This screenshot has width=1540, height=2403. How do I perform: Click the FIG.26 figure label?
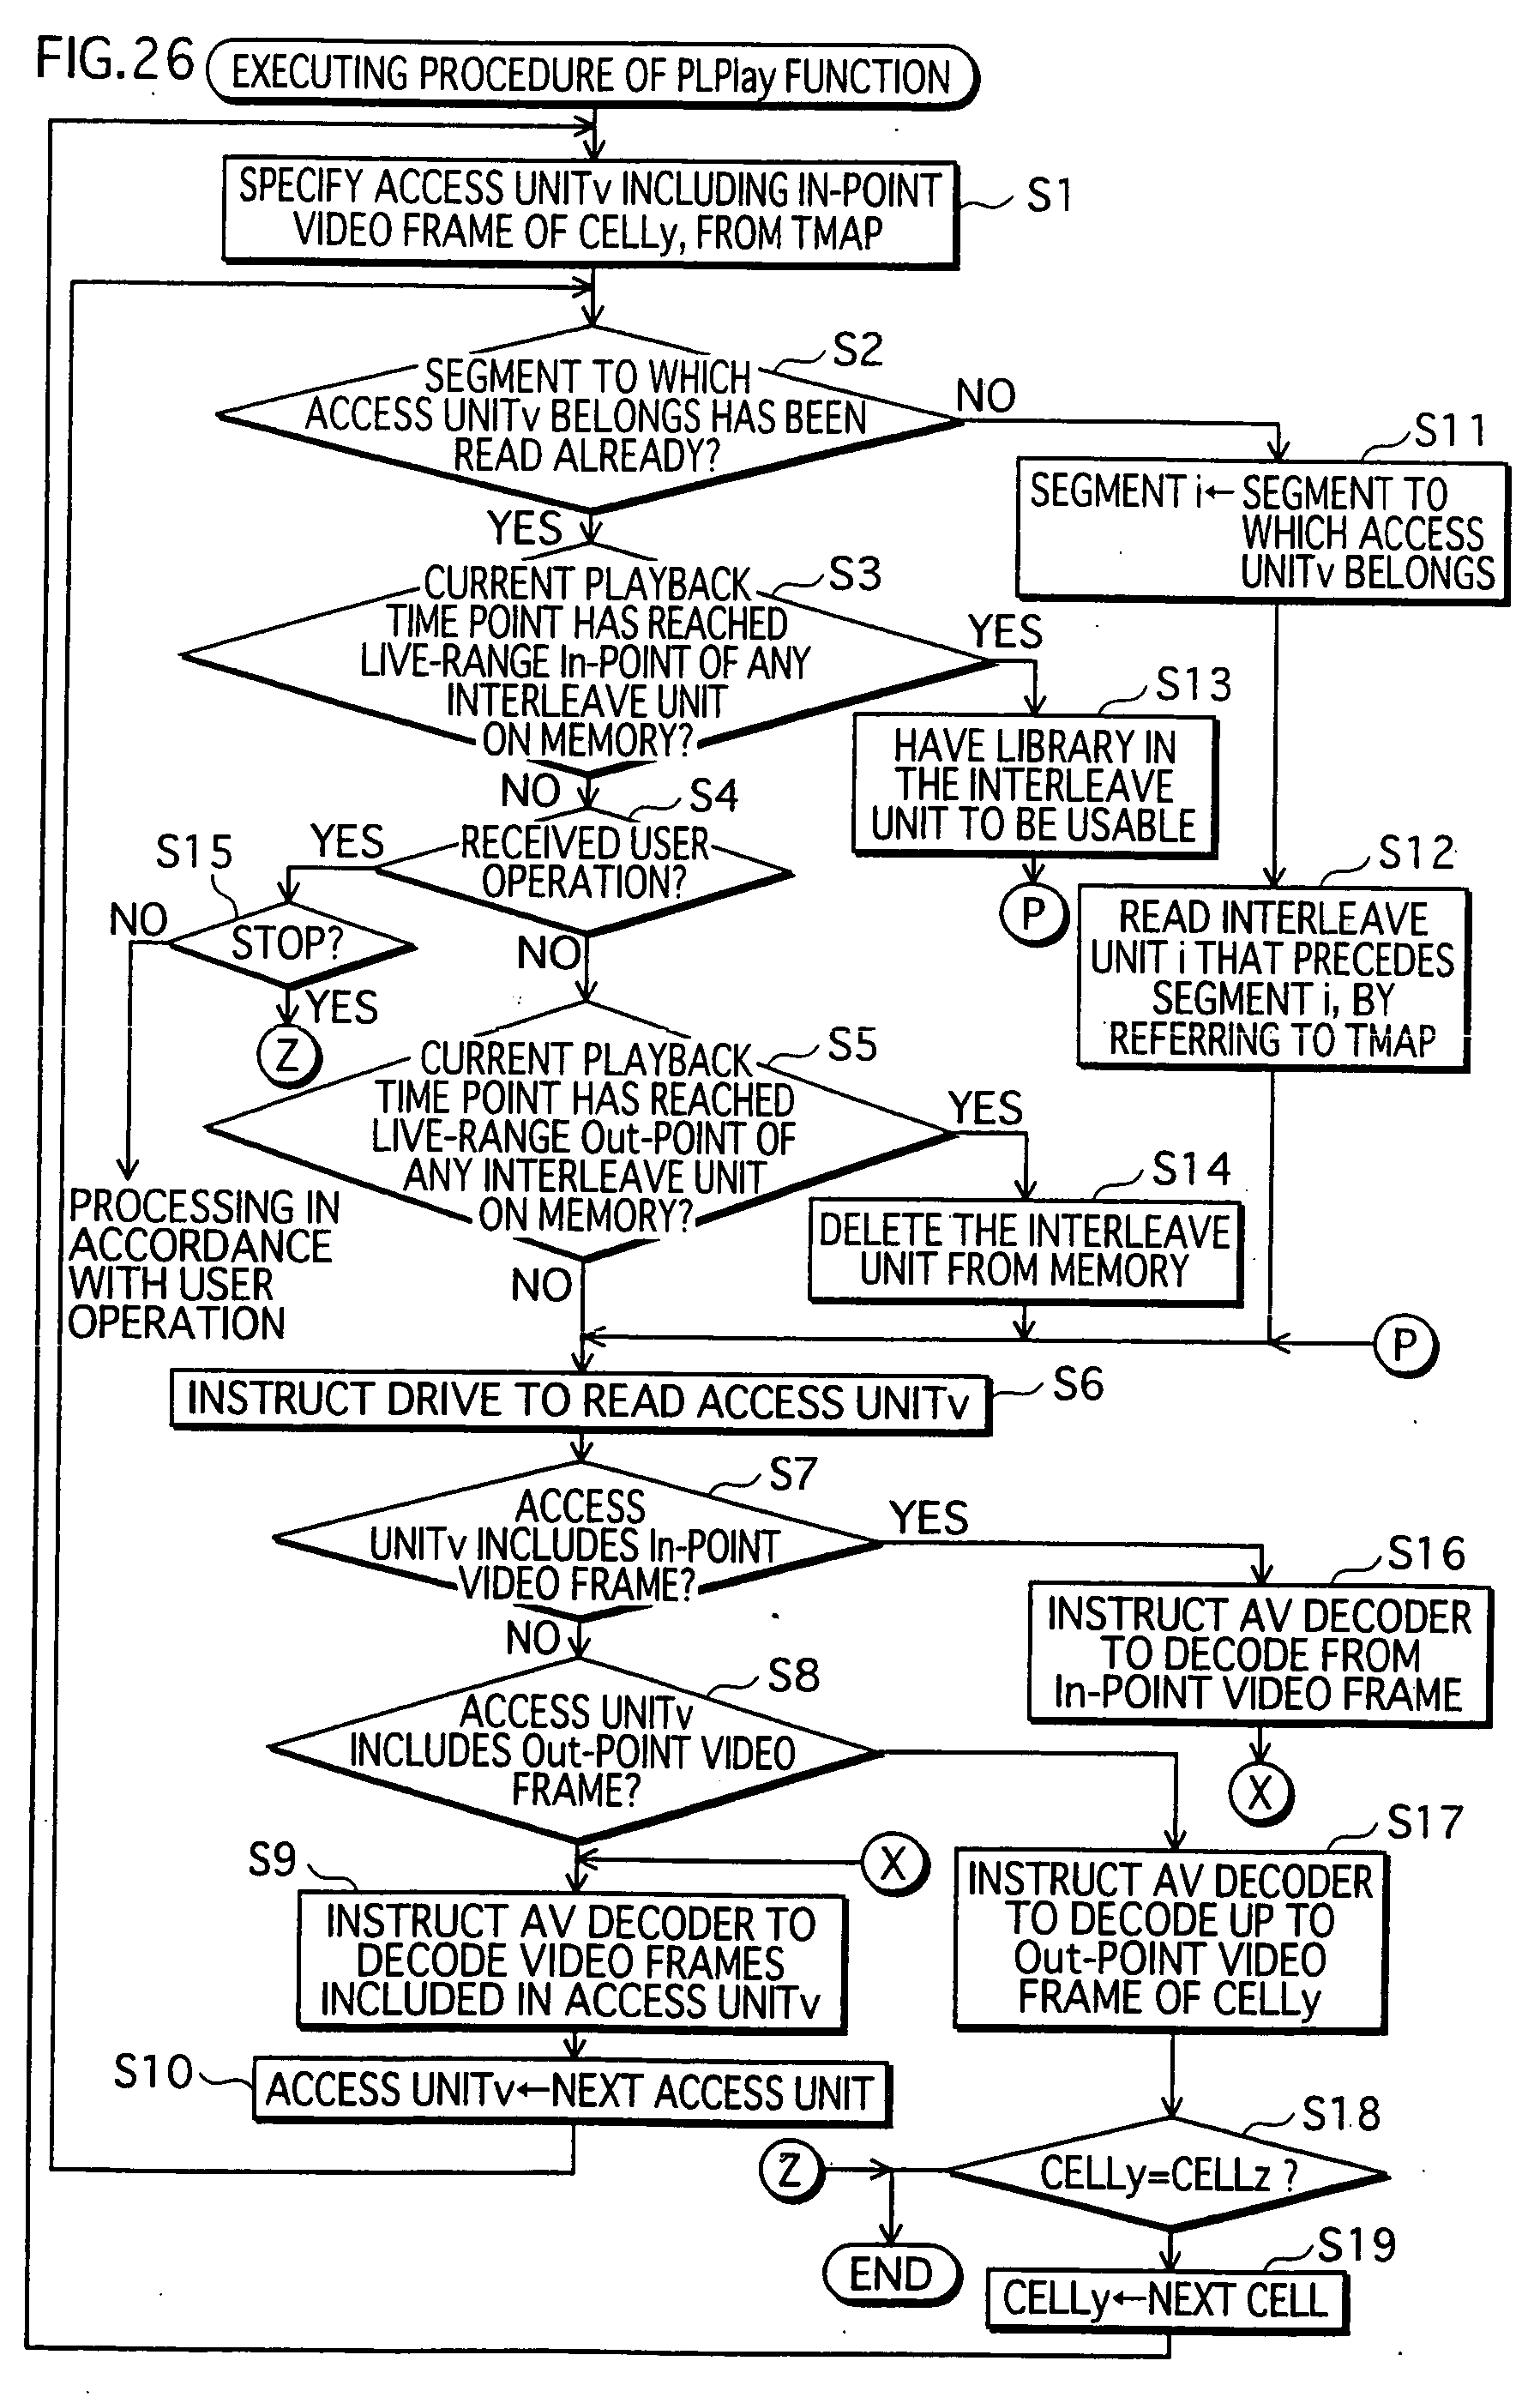pyautogui.click(x=114, y=59)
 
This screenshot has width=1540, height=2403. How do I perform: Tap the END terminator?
pyautogui.click(x=891, y=2274)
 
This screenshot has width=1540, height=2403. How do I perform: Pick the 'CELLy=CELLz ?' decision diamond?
pyautogui.click(x=1168, y=2174)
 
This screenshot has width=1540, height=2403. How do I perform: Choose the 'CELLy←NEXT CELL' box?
pyautogui.click(x=1167, y=2299)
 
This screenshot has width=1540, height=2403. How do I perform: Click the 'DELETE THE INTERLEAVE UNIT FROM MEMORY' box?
pyautogui.click(x=1025, y=1251)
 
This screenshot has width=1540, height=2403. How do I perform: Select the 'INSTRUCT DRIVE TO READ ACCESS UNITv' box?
pyautogui.click(x=580, y=1402)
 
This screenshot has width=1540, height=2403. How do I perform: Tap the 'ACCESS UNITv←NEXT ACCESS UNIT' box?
pyautogui.click(x=571, y=2091)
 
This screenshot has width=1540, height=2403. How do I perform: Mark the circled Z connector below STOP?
pyautogui.click(x=289, y=1056)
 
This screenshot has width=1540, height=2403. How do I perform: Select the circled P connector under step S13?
pyautogui.click(x=1034, y=912)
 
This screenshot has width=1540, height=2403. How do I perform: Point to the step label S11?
pyautogui.click(x=1450, y=431)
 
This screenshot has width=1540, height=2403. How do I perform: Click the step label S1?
pyautogui.click(x=1049, y=195)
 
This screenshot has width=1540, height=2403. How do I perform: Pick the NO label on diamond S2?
pyautogui.click(x=986, y=396)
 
